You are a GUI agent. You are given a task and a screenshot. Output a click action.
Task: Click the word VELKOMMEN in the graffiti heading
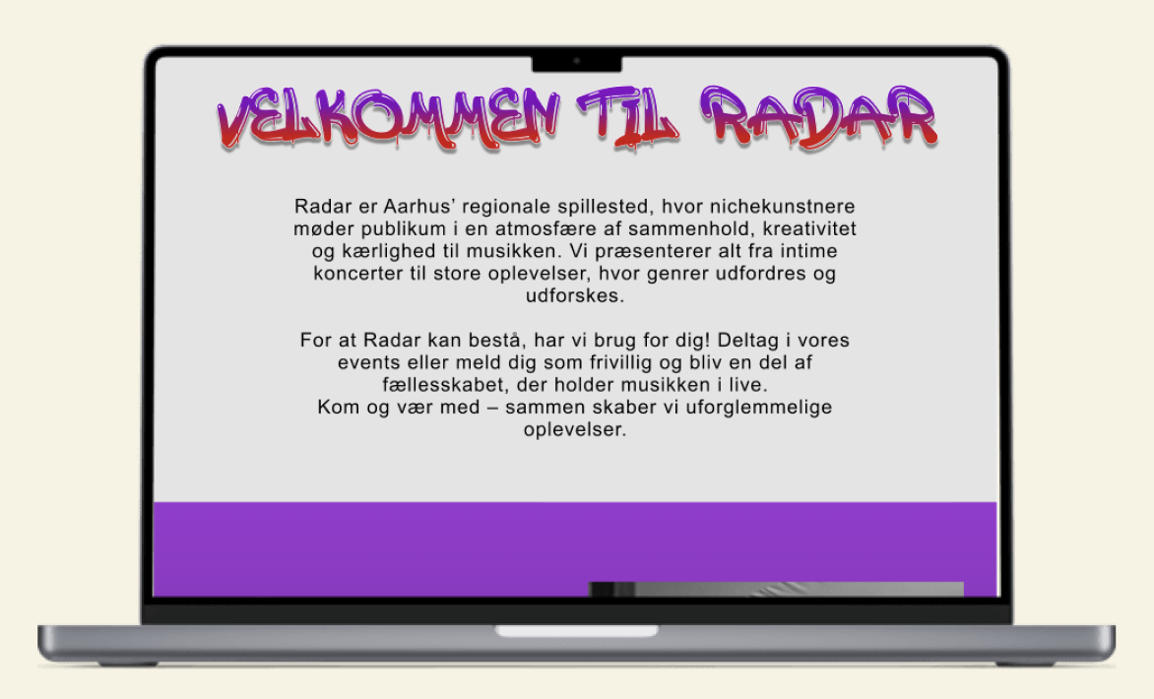(389, 118)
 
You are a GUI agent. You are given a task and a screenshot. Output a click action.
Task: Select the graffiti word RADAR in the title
(818, 116)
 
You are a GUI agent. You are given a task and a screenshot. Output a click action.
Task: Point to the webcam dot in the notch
(577, 61)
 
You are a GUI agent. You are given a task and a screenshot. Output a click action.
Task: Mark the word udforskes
(575, 295)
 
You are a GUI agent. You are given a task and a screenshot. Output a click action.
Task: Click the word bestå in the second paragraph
(500, 340)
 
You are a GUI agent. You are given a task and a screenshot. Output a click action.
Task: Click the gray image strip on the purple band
(777, 589)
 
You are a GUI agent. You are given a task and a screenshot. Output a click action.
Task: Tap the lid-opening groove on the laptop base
(576, 631)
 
